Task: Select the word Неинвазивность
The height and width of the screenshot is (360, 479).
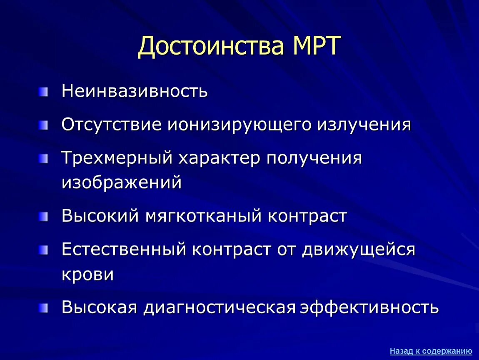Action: point(135,91)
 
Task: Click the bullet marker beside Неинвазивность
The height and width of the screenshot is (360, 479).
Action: point(44,91)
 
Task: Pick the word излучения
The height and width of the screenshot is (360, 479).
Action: point(364,125)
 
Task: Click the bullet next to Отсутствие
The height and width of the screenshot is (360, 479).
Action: point(44,125)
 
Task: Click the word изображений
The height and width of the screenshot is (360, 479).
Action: point(122,182)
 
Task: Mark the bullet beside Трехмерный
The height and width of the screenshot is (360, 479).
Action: point(44,158)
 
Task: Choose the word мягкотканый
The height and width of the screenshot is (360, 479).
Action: point(204,216)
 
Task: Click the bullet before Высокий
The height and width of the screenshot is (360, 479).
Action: point(44,216)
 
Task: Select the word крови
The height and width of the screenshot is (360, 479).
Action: point(87,274)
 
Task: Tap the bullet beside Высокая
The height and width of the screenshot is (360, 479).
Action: point(44,308)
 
